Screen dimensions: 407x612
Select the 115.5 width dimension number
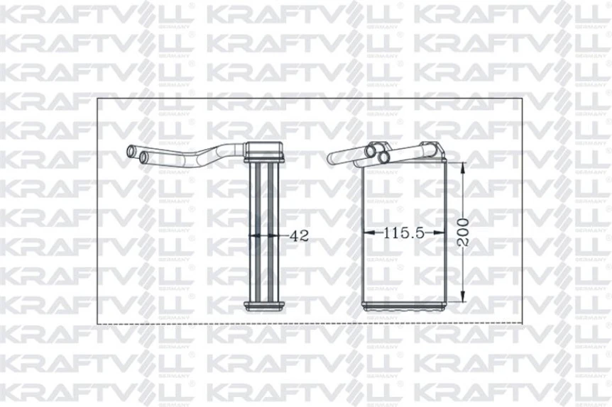coord(403,232)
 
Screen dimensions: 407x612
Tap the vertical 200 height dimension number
coord(463,231)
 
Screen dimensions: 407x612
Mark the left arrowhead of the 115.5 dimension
coord(367,232)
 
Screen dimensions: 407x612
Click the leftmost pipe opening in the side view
coord(130,151)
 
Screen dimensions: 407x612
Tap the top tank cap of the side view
coord(265,151)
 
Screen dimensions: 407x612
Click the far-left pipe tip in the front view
coord(331,159)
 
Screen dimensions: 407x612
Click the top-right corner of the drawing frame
coord(523,99)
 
